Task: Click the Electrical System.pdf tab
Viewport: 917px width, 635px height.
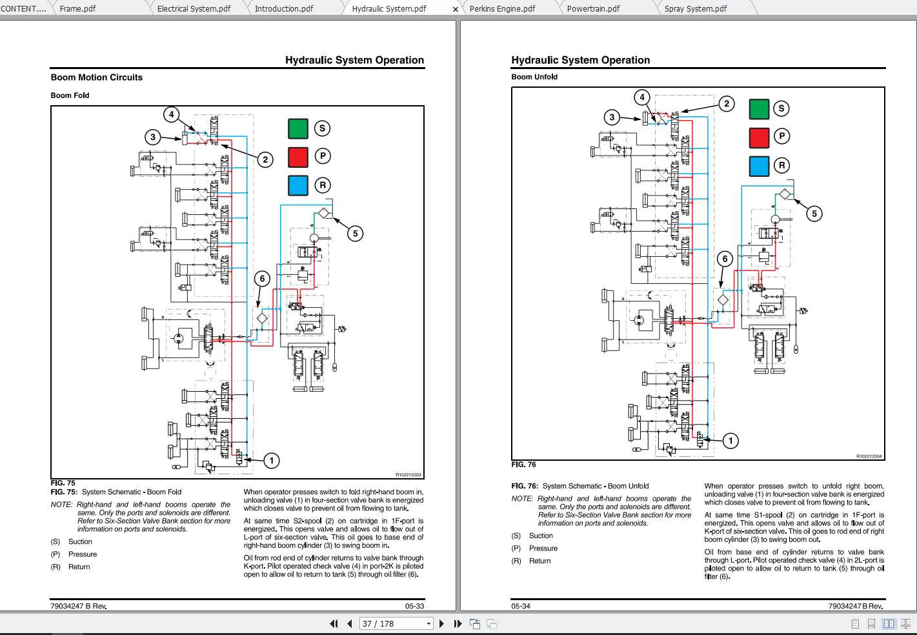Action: (x=194, y=8)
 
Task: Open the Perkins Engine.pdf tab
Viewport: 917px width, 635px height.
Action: (x=502, y=8)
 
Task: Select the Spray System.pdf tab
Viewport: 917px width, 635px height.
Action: (x=695, y=8)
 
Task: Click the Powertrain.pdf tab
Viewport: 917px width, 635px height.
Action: (x=593, y=8)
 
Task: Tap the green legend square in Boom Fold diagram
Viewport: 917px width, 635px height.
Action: (x=298, y=128)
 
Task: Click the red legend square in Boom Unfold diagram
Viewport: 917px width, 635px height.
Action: (x=759, y=137)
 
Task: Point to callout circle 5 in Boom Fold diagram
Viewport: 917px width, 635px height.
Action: (x=355, y=234)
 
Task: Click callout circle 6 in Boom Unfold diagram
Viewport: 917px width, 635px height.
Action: (x=725, y=259)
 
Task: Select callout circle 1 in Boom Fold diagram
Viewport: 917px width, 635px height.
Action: (x=272, y=460)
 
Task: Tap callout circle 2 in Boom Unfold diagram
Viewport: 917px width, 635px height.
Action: (x=727, y=104)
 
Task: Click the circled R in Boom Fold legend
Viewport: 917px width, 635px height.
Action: (x=323, y=185)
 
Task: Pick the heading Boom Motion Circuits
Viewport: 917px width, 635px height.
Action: (x=97, y=77)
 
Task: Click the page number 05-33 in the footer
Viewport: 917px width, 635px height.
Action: (x=414, y=606)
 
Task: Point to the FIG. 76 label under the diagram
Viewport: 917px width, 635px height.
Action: (x=523, y=465)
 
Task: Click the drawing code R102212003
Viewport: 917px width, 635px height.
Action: (x=408, y=474)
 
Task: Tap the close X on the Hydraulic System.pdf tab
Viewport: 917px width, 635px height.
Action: (x=455, y=9)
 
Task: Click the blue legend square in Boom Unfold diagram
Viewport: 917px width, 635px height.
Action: (x=759, y=166)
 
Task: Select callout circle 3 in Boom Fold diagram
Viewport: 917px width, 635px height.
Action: (x=153, y=137)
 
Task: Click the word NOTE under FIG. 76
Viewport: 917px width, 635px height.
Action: (x=521, y=499)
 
